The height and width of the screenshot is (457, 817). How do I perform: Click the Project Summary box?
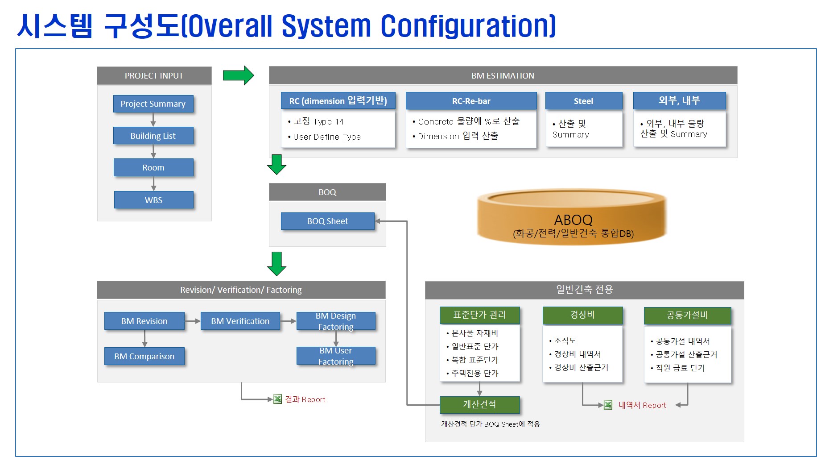(x=153, y=104)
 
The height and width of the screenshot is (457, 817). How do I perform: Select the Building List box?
(x=153, y=136)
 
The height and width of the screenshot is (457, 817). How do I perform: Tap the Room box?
(x=153, y=167)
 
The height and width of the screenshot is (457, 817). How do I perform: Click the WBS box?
(x=153, y=200)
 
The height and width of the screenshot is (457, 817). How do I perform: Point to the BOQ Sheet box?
(x=327, y=221)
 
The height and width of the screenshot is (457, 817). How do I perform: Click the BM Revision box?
(x=144, y=321)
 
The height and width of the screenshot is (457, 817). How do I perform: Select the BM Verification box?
(x=240, y=321)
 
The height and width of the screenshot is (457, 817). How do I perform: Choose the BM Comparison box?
(x=144, y=356)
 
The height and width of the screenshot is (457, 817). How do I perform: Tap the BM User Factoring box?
(x=335, y=356)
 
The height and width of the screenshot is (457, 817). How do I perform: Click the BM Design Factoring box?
(x=335, y=321)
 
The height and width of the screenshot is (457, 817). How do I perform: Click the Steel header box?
(x=583, y=101)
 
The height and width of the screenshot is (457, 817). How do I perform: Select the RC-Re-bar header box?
(x=471, y=101)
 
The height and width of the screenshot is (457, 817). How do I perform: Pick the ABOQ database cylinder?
(x=573, y=218)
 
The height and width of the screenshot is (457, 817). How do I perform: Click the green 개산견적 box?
(x=479, y=404)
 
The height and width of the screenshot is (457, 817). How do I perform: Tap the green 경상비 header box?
(x=582, y=315)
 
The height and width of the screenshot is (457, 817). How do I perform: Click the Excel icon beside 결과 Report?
(x=277, y=399)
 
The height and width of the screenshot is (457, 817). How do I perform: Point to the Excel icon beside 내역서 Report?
(x=608, y=405)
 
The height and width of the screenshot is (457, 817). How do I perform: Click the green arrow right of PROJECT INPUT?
(x=238, y=75)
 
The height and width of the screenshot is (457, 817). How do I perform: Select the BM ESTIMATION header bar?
(x=503, y=75)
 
